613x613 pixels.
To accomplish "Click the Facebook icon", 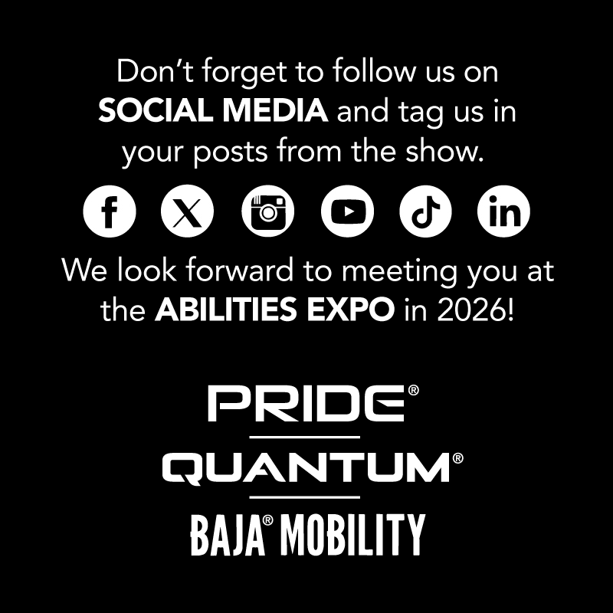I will [109, 211].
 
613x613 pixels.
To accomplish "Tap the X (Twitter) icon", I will [188, 211].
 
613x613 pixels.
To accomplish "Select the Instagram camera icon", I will [267, 211].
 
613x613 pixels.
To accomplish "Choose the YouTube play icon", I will [346, 211].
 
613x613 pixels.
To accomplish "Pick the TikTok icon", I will [425, 211].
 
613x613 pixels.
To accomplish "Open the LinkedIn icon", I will [503, 211].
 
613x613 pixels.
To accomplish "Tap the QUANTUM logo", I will [306, 467].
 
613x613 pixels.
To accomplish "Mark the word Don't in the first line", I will [150, 73].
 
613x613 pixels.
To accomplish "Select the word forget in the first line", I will [228, 74].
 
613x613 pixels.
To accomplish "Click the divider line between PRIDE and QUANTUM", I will [306, 436].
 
